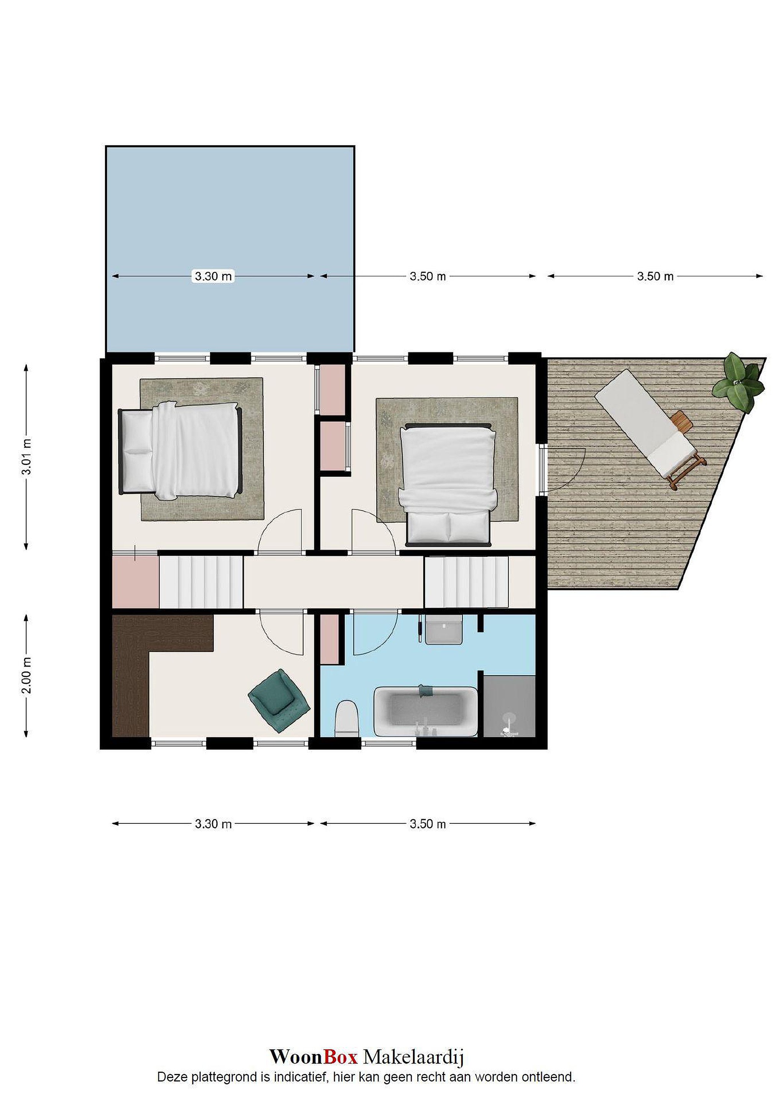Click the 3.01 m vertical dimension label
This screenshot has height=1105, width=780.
click(x=27, y=457)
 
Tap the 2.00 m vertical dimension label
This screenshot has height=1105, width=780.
click(x=27, y=675)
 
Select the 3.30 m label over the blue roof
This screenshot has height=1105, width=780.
click(x=213, y=276)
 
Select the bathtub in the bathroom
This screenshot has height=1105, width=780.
click(x=426, y=712)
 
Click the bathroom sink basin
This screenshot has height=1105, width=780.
click(x=444, y=630)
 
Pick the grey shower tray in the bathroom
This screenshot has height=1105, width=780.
click(x=509, y=706)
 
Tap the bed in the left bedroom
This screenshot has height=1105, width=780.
click(x=180, y=450)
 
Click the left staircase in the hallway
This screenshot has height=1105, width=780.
click(x=201, y=582)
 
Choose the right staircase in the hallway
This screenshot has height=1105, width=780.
click(x=466, y=582)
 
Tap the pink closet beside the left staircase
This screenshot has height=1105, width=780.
click(x=135, y=582)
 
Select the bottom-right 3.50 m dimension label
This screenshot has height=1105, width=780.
click(x=428, y=824)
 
